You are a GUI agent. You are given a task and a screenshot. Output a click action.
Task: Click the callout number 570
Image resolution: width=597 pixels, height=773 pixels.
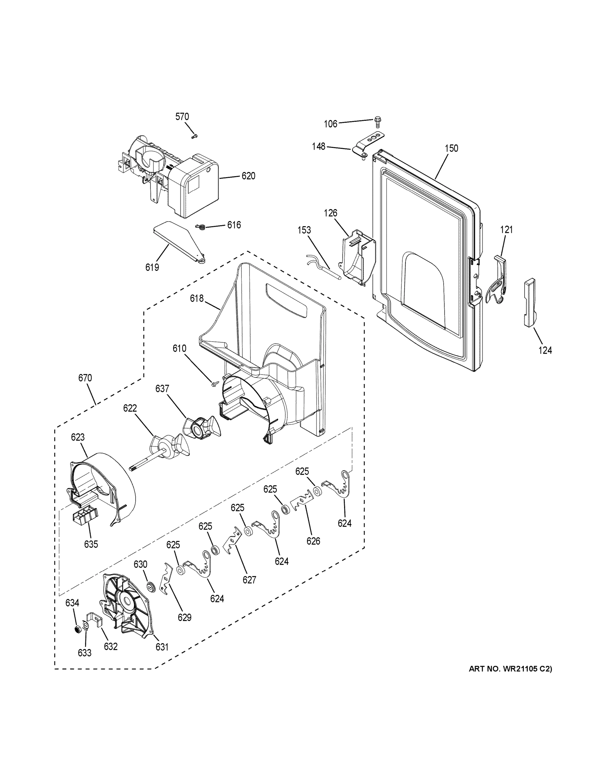182,117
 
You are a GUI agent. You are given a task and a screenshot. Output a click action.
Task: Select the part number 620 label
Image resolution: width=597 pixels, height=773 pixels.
248,176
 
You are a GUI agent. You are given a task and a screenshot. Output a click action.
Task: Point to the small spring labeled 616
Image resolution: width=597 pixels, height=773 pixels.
201,226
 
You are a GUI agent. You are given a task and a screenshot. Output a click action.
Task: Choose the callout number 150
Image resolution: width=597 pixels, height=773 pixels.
451,148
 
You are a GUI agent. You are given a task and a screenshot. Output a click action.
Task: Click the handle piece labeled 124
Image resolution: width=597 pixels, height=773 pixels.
529,303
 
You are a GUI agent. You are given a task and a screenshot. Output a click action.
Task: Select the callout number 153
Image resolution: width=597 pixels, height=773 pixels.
304,230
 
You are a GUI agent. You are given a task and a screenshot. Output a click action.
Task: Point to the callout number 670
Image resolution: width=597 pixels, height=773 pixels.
85,378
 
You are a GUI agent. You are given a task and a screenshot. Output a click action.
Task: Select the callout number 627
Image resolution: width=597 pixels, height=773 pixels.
249,580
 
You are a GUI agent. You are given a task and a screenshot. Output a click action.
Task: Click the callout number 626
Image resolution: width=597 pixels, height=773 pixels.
313,541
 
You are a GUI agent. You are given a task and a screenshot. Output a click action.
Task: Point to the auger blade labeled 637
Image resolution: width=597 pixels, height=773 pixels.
201,428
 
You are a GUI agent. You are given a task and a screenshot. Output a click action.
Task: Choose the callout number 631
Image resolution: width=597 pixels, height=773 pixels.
162,647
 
